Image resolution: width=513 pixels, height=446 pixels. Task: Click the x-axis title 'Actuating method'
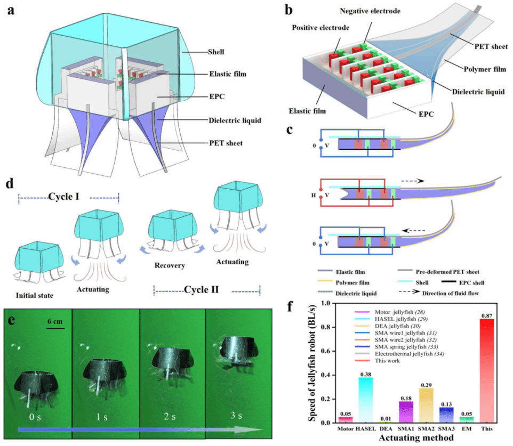click(416, 438)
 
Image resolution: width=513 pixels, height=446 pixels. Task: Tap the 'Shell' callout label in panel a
click(215, 52)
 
